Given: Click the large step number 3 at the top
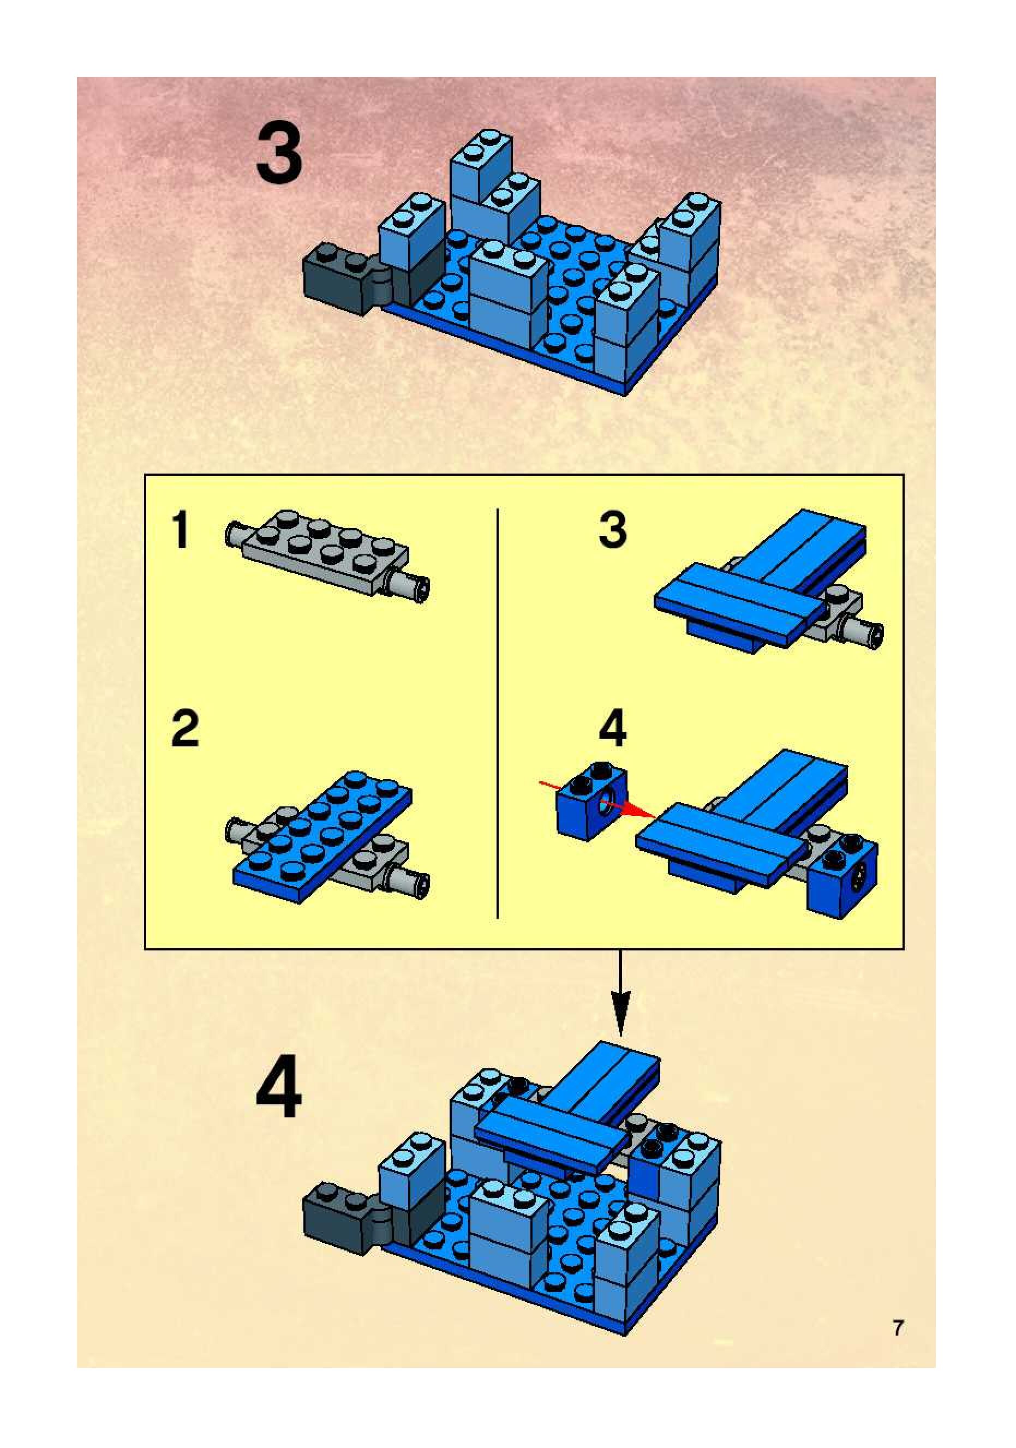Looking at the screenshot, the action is [x=279, y=153].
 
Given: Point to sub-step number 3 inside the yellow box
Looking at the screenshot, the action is [x=613, y=530].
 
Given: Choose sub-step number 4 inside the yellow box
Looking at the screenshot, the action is [x=612, y=728].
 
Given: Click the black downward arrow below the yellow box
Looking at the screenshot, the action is [x=620, y=992].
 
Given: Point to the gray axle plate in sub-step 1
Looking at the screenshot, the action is [x=328, y=554].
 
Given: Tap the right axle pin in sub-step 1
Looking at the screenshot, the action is [x=409, y=583].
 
